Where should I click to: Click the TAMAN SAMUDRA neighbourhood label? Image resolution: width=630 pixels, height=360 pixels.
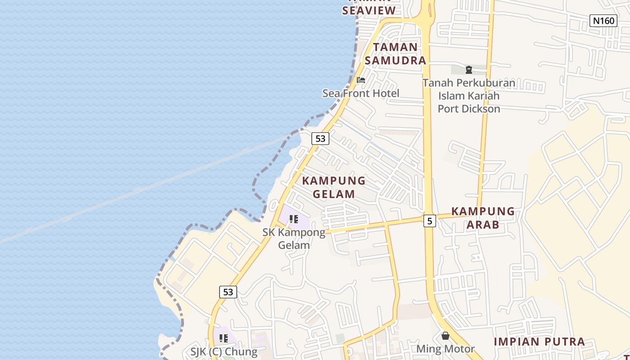click(x=395, y=54)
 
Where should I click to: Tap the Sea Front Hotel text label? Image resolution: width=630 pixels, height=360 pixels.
click(x=360, y=93)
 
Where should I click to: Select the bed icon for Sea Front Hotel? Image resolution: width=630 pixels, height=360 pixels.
click(x=360, y=81)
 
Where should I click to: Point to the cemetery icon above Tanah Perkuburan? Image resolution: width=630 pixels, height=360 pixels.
click(x=468, y=70)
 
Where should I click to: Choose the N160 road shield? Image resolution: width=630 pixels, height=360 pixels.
click(x=603, y=20)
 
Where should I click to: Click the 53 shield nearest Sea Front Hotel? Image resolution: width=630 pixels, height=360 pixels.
click(x=320, y=139)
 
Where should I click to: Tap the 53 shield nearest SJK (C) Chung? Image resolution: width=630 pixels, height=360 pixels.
click(x=228, y=292)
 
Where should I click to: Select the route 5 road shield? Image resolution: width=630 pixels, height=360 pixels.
click(x=430, y=221)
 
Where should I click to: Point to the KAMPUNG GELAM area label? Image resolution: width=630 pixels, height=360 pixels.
click(x=333, y=187)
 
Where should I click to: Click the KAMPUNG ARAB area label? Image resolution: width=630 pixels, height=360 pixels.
click(x=482, y=218)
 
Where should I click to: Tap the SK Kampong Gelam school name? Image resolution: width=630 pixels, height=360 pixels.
click(x=294, y=238)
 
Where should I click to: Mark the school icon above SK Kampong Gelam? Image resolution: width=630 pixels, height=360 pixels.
click(x=294, y=220)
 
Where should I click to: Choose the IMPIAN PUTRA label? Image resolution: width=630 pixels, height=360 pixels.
click(x=539, y=342)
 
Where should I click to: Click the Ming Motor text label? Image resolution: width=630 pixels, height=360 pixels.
click(x=445, y=349)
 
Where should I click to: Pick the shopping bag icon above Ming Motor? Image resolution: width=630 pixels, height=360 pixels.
click(x=445, y=336)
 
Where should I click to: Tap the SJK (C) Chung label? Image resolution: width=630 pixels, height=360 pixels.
click(x=224, y=351)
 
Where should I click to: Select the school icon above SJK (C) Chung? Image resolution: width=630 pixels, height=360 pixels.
click(x=224, y=338)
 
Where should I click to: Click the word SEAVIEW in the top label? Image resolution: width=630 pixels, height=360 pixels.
click(x=369, y=10)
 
